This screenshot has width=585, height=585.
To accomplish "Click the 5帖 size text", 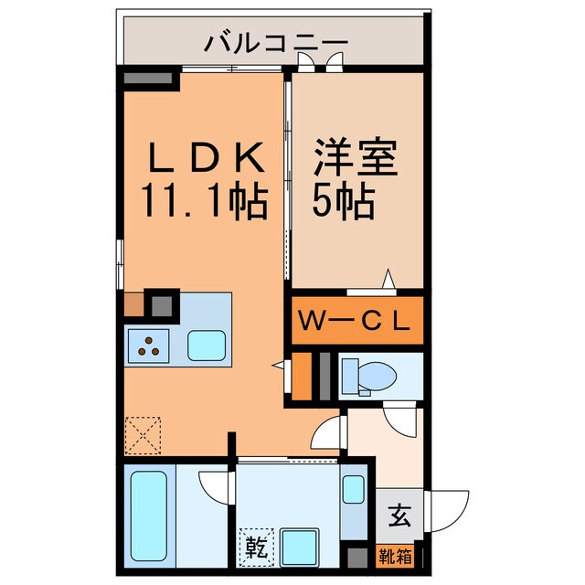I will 344,201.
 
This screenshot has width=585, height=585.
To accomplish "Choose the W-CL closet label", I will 357,321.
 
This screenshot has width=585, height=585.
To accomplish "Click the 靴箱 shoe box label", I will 395,554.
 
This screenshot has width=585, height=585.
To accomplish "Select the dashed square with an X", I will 141,434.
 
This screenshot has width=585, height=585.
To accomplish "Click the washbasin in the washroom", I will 353,490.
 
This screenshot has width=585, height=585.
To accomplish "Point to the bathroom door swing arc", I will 212,487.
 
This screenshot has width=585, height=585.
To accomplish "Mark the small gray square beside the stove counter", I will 163,302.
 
